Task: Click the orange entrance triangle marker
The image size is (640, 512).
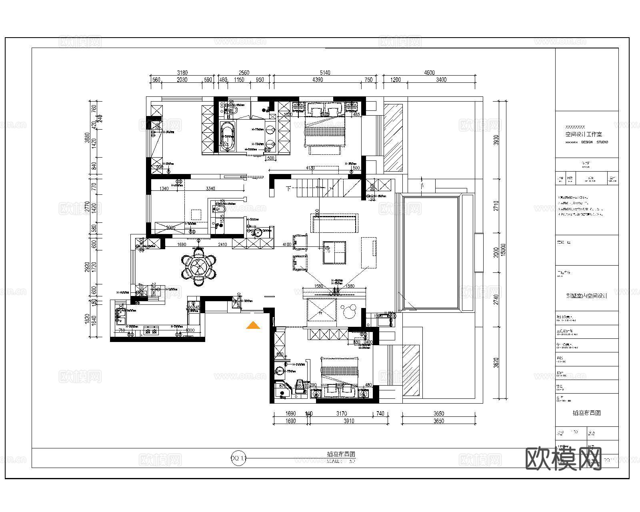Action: [x=253, y=326]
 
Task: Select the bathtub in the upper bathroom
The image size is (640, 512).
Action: [x=228, y=136]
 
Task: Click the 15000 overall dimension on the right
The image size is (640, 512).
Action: [x=504, y=250]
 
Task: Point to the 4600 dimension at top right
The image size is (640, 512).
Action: [x=429, y=73]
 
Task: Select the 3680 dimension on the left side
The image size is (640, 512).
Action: [x=88, y=138]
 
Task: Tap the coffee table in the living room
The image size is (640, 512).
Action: [x=334, y=252]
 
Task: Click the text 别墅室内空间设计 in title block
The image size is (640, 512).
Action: [x=586, y=296]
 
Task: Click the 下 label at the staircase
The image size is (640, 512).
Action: [x=288, y=188]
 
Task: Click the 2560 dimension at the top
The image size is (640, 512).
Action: [x=244, y=73]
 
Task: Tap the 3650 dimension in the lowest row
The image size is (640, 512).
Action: [x=439, y=421]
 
